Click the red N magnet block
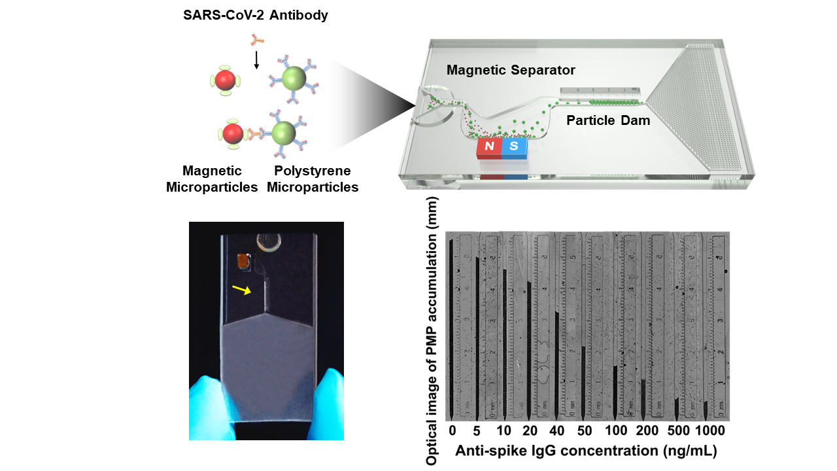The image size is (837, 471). pos(489,148)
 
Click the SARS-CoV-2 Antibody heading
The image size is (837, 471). pos(256,15)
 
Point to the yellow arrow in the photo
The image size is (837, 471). pos(241,289)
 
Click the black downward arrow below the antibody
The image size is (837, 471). pos(256,60)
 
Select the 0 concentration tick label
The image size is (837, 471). pos(452,431)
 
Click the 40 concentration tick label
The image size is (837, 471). pos(556,431)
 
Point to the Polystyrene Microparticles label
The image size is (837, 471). pos(313,179)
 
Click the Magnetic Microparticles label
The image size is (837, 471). pos(213,179)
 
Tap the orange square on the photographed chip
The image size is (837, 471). pos(245,261)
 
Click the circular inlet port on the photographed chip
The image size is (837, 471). pos(268,243)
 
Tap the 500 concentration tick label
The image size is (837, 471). pos(677,431)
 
